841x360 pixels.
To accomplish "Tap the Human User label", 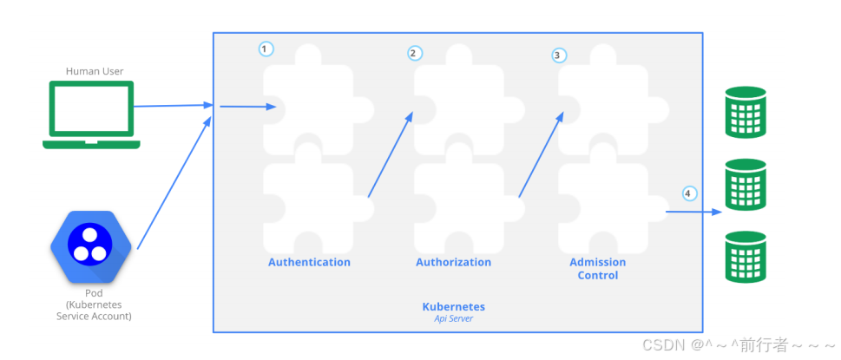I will [91, 71].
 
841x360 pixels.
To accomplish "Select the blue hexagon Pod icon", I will [90, 246].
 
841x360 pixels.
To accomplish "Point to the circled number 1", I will [266, 49].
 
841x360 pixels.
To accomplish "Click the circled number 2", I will [414, 53].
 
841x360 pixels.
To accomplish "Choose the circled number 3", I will [559, 56].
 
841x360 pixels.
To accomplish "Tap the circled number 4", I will [689, 193].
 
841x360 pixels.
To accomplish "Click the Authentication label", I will [309, 262].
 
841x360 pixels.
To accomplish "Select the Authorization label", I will [453, 262].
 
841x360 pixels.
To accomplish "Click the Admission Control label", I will [597, 268].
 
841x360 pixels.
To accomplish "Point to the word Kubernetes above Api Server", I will [453, 306].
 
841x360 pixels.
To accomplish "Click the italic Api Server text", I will [453, 318].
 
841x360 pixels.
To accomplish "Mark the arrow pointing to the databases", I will [694, 211].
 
